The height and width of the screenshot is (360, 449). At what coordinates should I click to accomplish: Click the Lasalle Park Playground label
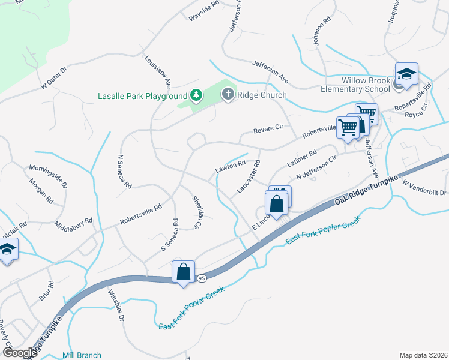143,96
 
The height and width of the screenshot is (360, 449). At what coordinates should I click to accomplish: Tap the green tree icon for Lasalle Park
196,95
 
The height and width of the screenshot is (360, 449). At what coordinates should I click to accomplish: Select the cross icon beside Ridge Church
228,94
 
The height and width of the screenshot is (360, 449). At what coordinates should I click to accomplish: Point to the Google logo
20,353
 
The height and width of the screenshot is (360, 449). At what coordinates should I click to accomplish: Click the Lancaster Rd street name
249,176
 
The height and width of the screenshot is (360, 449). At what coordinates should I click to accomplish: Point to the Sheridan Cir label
196,212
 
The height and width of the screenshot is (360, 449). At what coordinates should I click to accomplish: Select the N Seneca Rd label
124,172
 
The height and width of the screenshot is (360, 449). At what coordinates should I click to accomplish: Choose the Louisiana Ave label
158,72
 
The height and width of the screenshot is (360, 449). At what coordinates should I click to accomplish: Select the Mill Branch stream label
82,355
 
